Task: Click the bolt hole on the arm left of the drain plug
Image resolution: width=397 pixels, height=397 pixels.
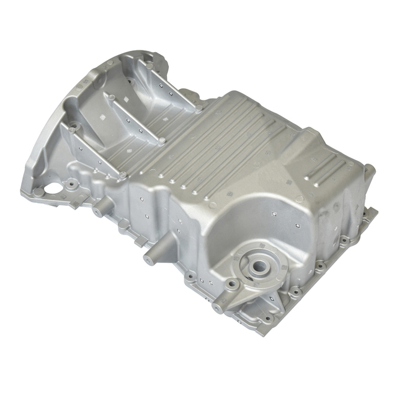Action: click(231, 285)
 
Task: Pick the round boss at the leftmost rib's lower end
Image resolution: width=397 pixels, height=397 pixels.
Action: click(122, 176)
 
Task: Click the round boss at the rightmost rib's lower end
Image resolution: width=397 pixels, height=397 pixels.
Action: click(198, 107)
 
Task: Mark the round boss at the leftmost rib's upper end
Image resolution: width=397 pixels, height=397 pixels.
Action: click(74, 130)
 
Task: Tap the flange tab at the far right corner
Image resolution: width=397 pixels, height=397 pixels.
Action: click(372, 214)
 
